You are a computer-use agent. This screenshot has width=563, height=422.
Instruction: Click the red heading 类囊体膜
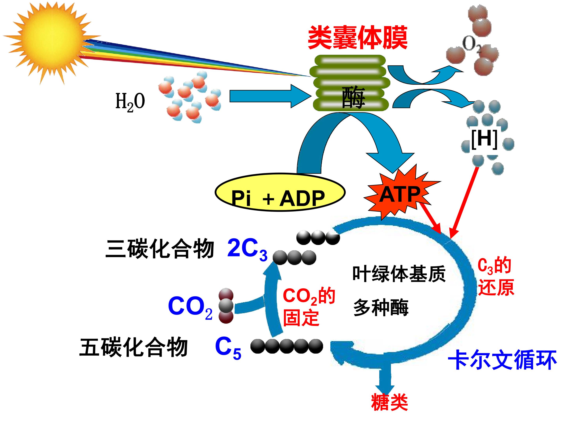[358, 38]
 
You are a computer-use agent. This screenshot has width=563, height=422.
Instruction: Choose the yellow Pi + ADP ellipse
[280, 193]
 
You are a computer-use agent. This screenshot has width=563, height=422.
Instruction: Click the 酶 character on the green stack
[353, 97]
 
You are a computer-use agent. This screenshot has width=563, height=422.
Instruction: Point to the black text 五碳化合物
[134, 347]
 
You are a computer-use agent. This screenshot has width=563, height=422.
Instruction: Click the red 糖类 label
[389, 402]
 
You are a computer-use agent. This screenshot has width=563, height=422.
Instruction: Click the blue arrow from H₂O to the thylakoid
[271, 96]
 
